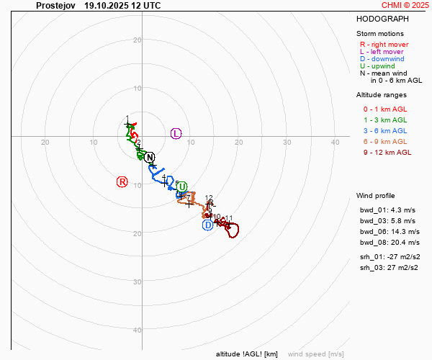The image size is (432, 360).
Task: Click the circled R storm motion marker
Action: pyautogui.click(x=122, y=182)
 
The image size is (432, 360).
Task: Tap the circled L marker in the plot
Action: pyautogui.click(x=176, y=133)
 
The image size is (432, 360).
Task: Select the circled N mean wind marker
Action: pyautogui.click(x=149, y=158)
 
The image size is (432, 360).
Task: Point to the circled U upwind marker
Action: pyautogui.click(x=181, y=186)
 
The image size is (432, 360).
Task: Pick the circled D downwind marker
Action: pyautogui.click(x=207, y=225)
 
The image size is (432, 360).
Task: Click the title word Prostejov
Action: pyautogui.click(x=56, y=5)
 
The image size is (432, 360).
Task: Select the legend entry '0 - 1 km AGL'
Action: pyautogui.click(x=385, y=109)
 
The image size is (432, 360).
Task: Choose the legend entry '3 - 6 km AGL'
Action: pyautogui.click(x=385, y=130)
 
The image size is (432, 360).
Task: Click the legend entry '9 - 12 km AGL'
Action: pyautogui.click(x=387, y=152)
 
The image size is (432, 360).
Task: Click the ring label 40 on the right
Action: pyautogui.click(x=335, y=142)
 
